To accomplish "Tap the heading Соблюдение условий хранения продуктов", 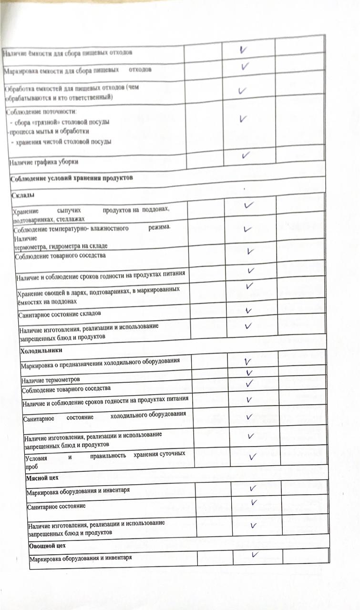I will (x=71, y=179).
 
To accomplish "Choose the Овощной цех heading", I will (x=48, y=545).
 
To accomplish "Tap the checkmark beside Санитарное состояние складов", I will (x=248, y=311).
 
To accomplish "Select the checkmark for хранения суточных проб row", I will (x=253, y=457).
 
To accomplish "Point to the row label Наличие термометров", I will (x=51, y=380).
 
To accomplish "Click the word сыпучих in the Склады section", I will (x=67, y=210).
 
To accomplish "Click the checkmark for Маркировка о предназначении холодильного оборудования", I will (x=248, y=362).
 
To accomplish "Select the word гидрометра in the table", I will (x=67, y=246).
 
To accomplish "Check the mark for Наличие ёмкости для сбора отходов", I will (x=244, y=49).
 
